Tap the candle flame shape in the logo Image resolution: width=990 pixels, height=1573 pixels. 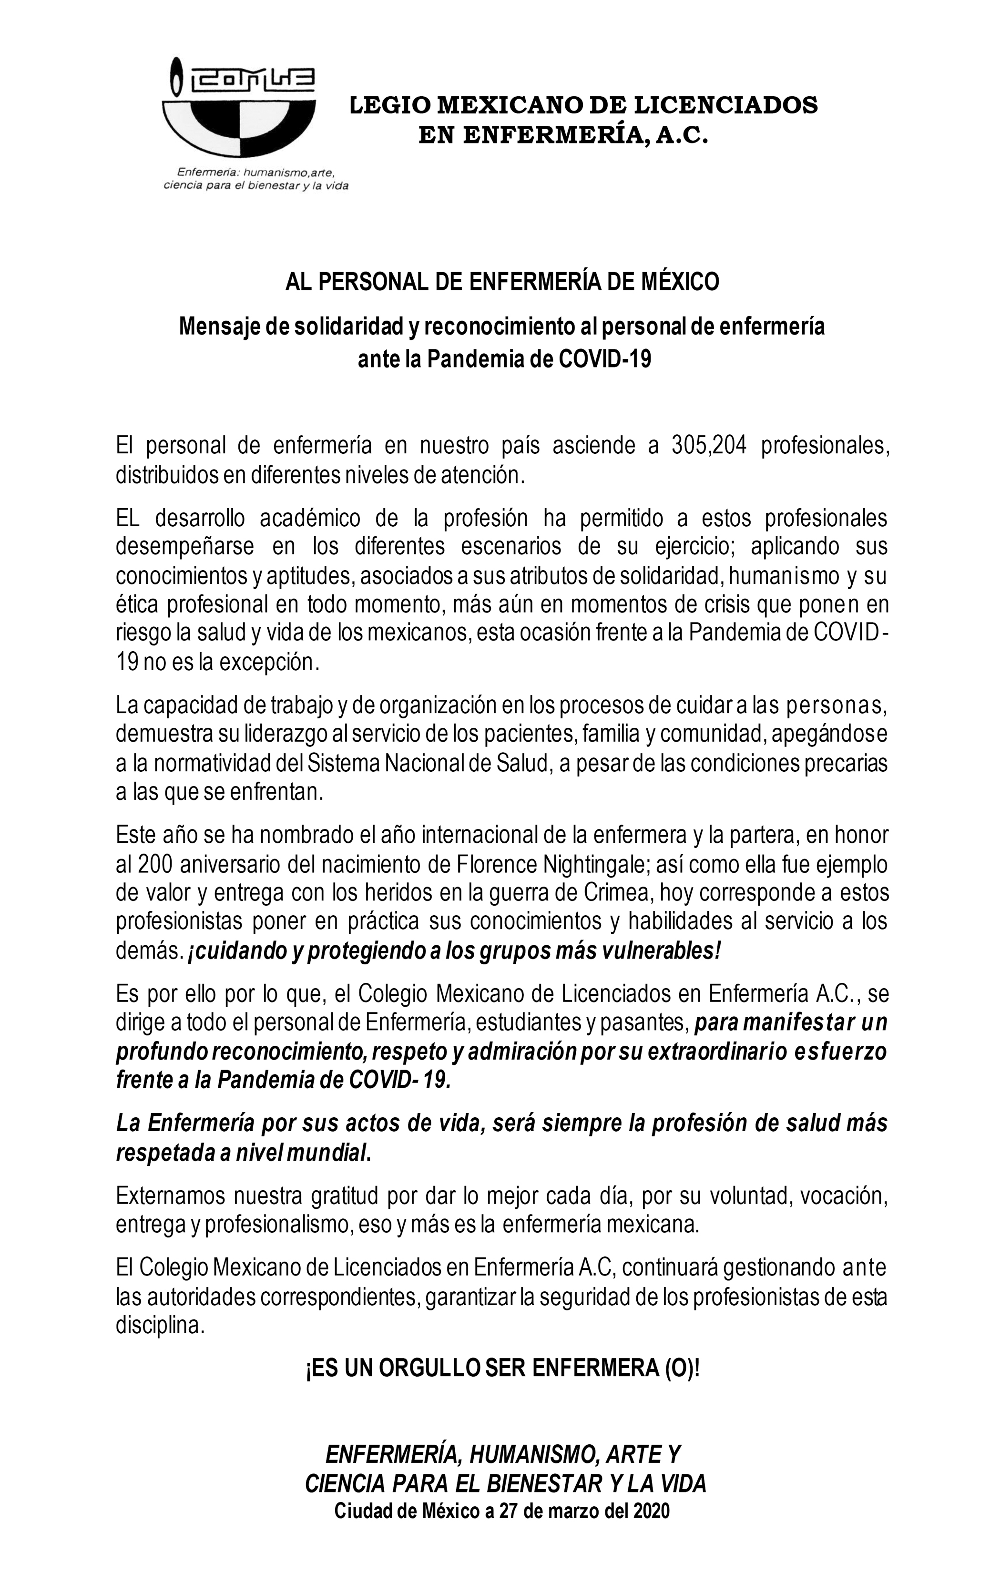[174, 76]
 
